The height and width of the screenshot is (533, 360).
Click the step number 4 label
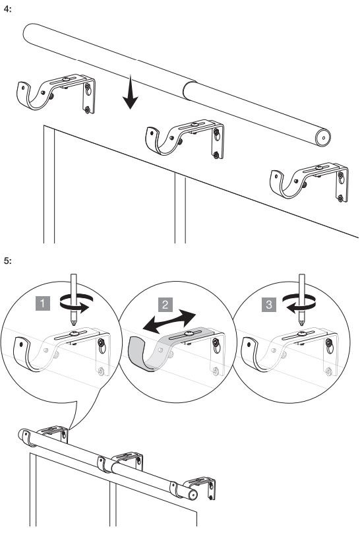tap(7, 9)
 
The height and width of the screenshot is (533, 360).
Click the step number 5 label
tap(7, 261)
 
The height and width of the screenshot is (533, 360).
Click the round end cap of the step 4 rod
tap(322, 138)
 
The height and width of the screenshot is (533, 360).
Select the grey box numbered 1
tap(43, 303)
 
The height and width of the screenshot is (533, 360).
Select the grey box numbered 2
tap(165, 304)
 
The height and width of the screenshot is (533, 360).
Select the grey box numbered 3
tap(269, 304)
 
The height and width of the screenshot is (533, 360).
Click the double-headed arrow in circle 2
tap(169, 321)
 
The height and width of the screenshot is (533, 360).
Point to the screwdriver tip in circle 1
tap(74, 323)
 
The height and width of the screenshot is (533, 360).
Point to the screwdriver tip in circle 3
tap(301, 323)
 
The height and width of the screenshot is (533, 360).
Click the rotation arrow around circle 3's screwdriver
tap(299, 303)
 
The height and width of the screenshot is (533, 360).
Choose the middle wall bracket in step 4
tap(185, 138)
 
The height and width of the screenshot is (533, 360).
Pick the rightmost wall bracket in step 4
tap(309, 182)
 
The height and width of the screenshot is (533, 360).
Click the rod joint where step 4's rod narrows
tap(189, 91)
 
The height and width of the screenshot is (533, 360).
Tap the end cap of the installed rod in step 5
tap(193, 495)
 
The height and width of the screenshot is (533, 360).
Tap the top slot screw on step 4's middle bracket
tap(195, 125)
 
